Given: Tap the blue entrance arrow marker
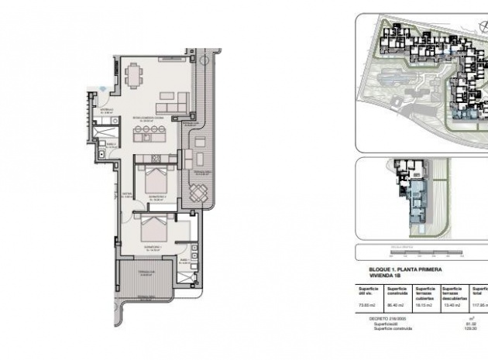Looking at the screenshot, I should (105, 89).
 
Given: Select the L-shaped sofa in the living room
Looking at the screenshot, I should (174, 101).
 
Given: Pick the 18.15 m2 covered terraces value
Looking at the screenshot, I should (424, 305).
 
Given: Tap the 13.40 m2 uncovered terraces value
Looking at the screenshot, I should (452, 305).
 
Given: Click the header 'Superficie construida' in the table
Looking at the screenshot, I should (397, 291).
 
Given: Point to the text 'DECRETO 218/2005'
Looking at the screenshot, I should (386, 317).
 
